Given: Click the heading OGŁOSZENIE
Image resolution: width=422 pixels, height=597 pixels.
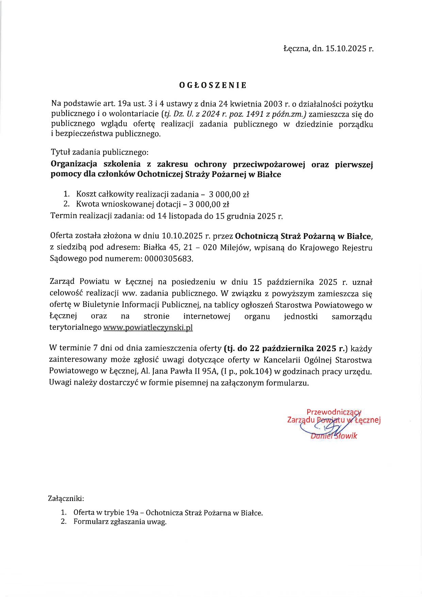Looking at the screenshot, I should tap(213, 85).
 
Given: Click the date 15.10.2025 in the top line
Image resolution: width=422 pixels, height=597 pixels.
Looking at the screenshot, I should tap(345, 49).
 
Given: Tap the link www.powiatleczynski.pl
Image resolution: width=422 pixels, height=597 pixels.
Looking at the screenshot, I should tap(148, 328).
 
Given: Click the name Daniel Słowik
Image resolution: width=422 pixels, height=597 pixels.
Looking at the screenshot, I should tap(334, 436).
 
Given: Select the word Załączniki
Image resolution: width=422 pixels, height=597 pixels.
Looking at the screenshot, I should tap(66, 499).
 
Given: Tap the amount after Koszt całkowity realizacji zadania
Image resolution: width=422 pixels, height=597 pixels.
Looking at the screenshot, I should tap(229, 195).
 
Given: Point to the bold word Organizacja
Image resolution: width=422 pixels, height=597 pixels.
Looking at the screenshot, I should tap(74, 164).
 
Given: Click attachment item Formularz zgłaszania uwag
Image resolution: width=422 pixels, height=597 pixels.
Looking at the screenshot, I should tap(120, 522).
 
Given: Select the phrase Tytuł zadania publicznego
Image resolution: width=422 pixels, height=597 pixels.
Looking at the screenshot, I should tap(99, 152).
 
